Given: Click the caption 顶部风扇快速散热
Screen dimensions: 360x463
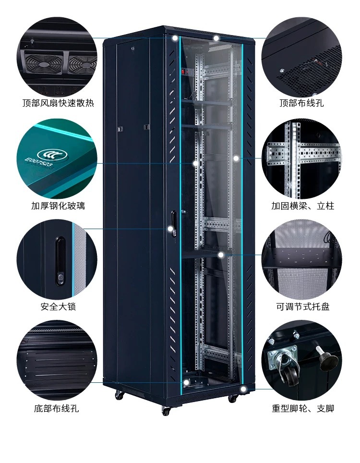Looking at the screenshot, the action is point(58,103).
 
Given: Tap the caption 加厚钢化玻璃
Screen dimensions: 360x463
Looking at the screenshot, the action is point(58,206).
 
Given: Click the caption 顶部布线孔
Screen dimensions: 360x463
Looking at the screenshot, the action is point(302,103).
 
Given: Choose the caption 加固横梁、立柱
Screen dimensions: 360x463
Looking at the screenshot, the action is point(302,206).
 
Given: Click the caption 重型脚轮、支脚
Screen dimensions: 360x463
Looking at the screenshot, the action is point(302,409).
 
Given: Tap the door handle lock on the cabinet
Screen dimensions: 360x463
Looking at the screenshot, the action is point(173,224).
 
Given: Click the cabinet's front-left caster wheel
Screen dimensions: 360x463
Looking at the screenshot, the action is point(166,411).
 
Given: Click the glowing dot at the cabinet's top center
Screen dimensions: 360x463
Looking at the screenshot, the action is point(217,38).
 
